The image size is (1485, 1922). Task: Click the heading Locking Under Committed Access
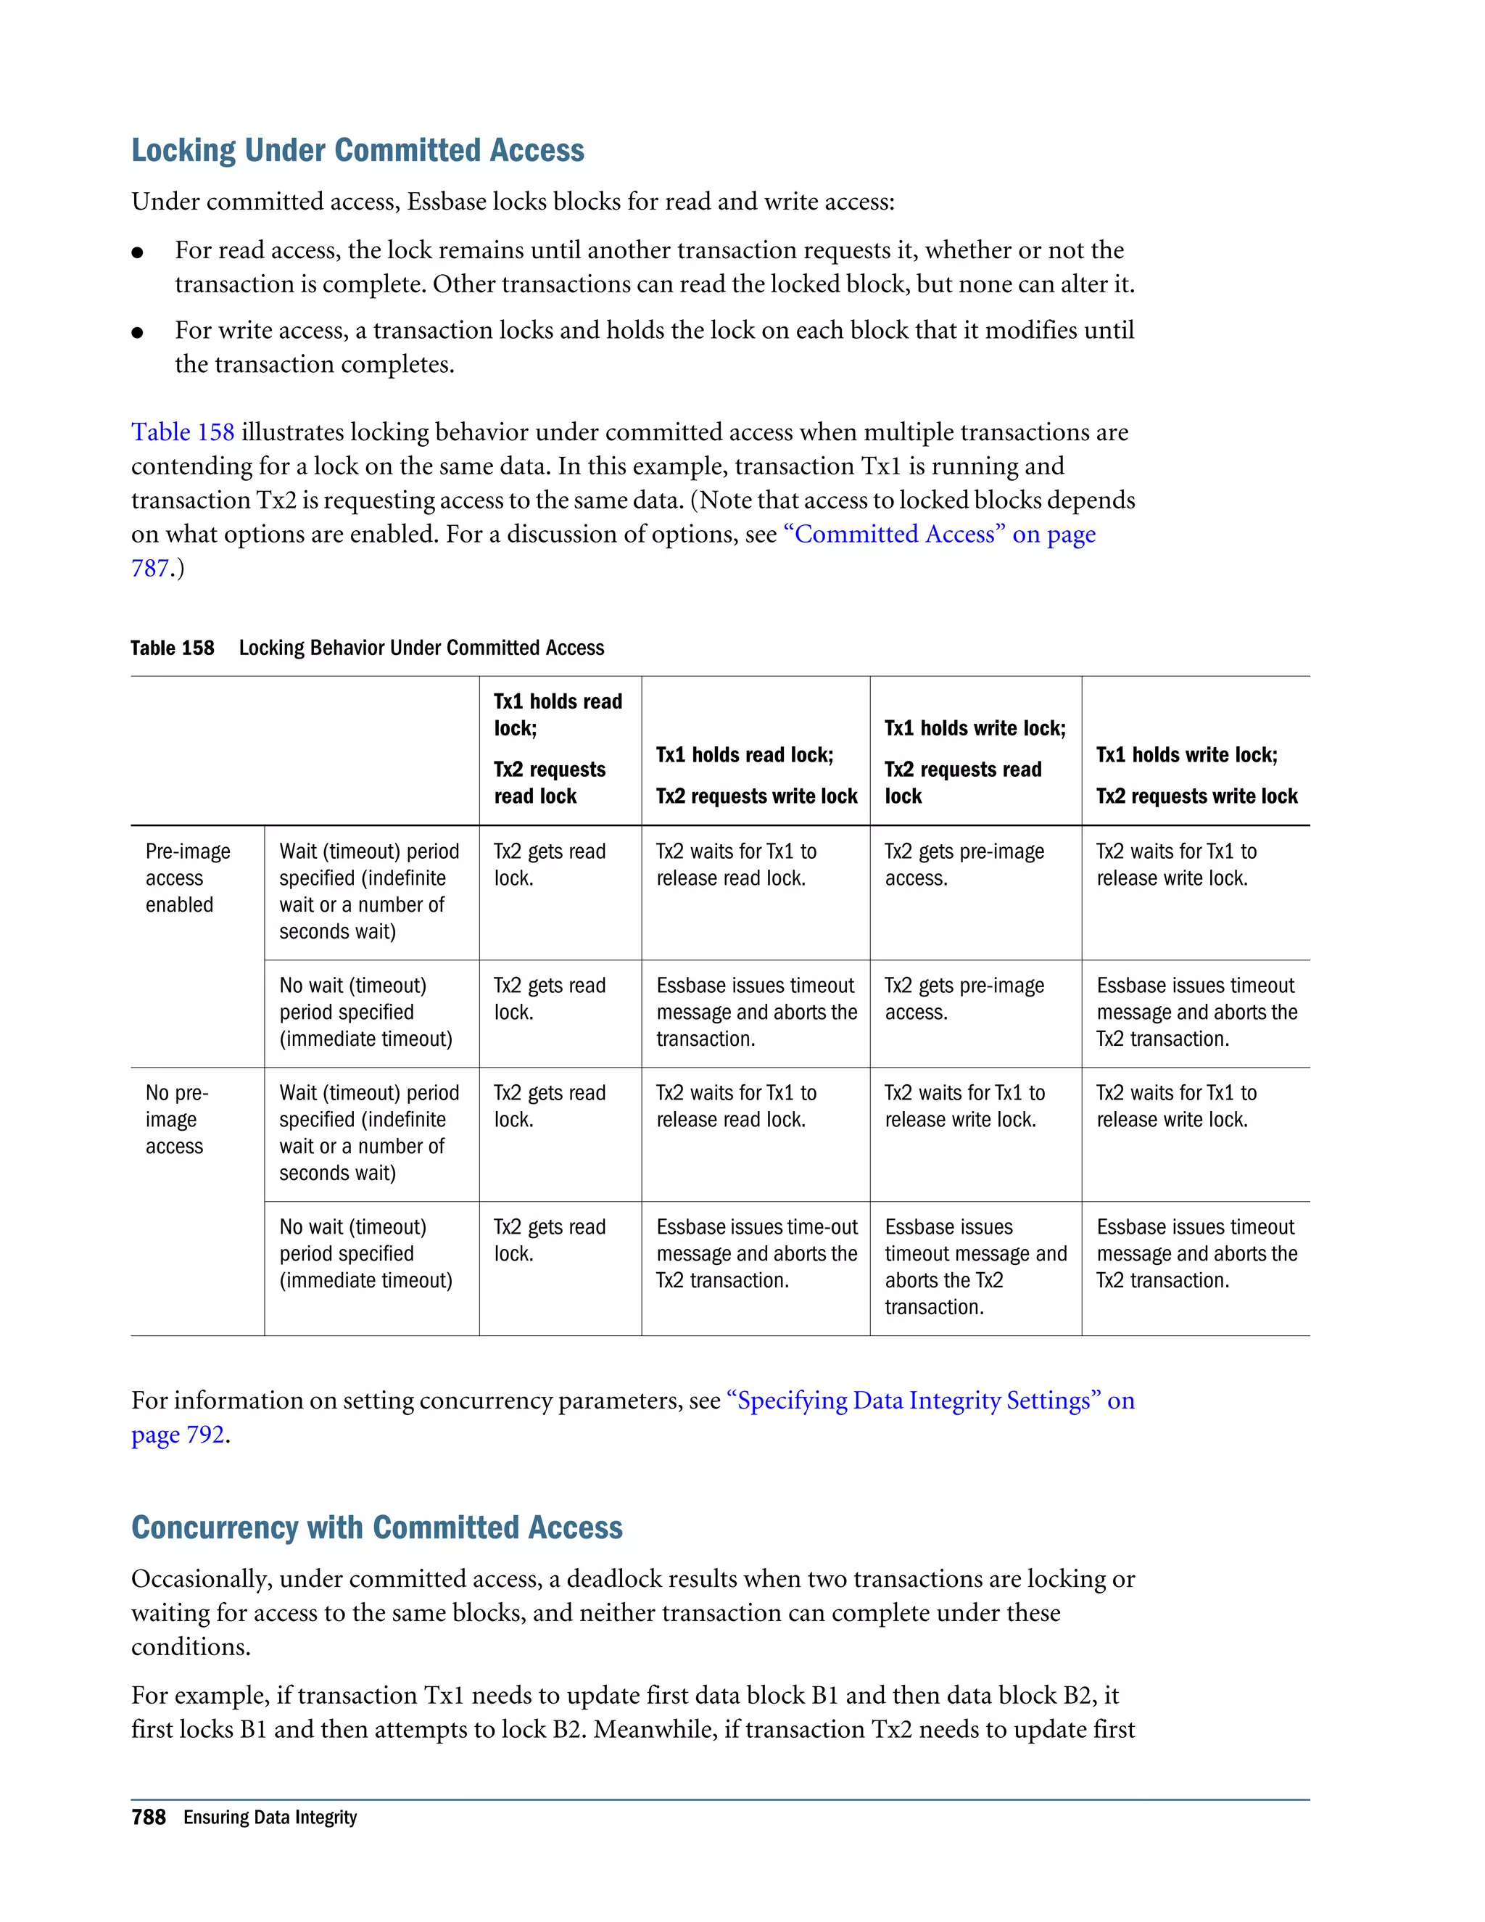pyautogui.click(x=357, y=150)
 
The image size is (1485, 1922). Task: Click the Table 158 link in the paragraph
pyautogui.click(x=183, y=432)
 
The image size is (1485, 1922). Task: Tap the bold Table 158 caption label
pyautogui.click(x=173, y=648)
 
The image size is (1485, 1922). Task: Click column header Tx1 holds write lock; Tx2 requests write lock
pyautogui.click(x=1196, y=775)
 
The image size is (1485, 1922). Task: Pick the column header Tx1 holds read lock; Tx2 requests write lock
pyautogui.click(x=756, y=775)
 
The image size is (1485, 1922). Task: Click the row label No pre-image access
pyautogui.click(x=176, y=1118)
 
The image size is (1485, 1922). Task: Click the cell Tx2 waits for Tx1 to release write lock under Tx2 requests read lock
pyautogui.click(x=964, y=1106)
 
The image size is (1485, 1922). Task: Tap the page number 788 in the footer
pyautogui.click(x=149, y=1818)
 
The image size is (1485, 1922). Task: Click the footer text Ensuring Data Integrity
pyautogui.click(x=270, y=1818)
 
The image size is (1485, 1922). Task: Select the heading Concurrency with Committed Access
pyautogui.click(x=376, y=1527)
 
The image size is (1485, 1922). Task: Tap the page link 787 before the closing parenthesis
pyautogui.click(x=149, y=569)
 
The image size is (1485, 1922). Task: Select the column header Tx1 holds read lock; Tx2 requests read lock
pyautogui.click(x=558, y=749)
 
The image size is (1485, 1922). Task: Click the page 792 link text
pyautogui.click(x=178, y=1435)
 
